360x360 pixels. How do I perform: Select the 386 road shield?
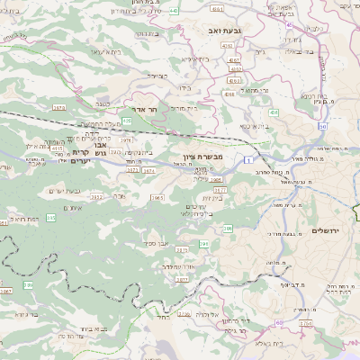(229, 231)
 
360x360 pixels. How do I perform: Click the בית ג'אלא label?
(270, 343)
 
